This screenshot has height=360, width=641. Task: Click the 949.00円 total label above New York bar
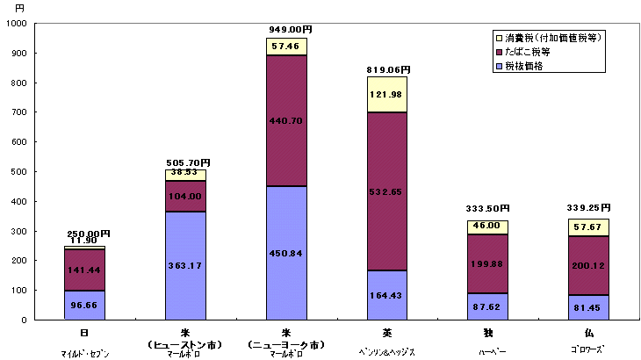tap(290, 29)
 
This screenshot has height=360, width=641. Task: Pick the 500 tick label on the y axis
tap(20, 171)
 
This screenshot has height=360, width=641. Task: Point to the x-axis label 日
tap(85, 333)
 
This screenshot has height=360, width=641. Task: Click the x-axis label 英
tap(388, 333)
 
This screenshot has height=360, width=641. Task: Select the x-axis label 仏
tap(588, 333)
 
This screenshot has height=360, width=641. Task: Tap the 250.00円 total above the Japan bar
tap(87, 233)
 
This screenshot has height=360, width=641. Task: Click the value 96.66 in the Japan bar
tap(85, 306)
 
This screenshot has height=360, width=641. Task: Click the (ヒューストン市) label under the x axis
tap(186, 343)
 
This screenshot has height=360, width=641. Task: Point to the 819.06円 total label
tap(388, 69)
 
